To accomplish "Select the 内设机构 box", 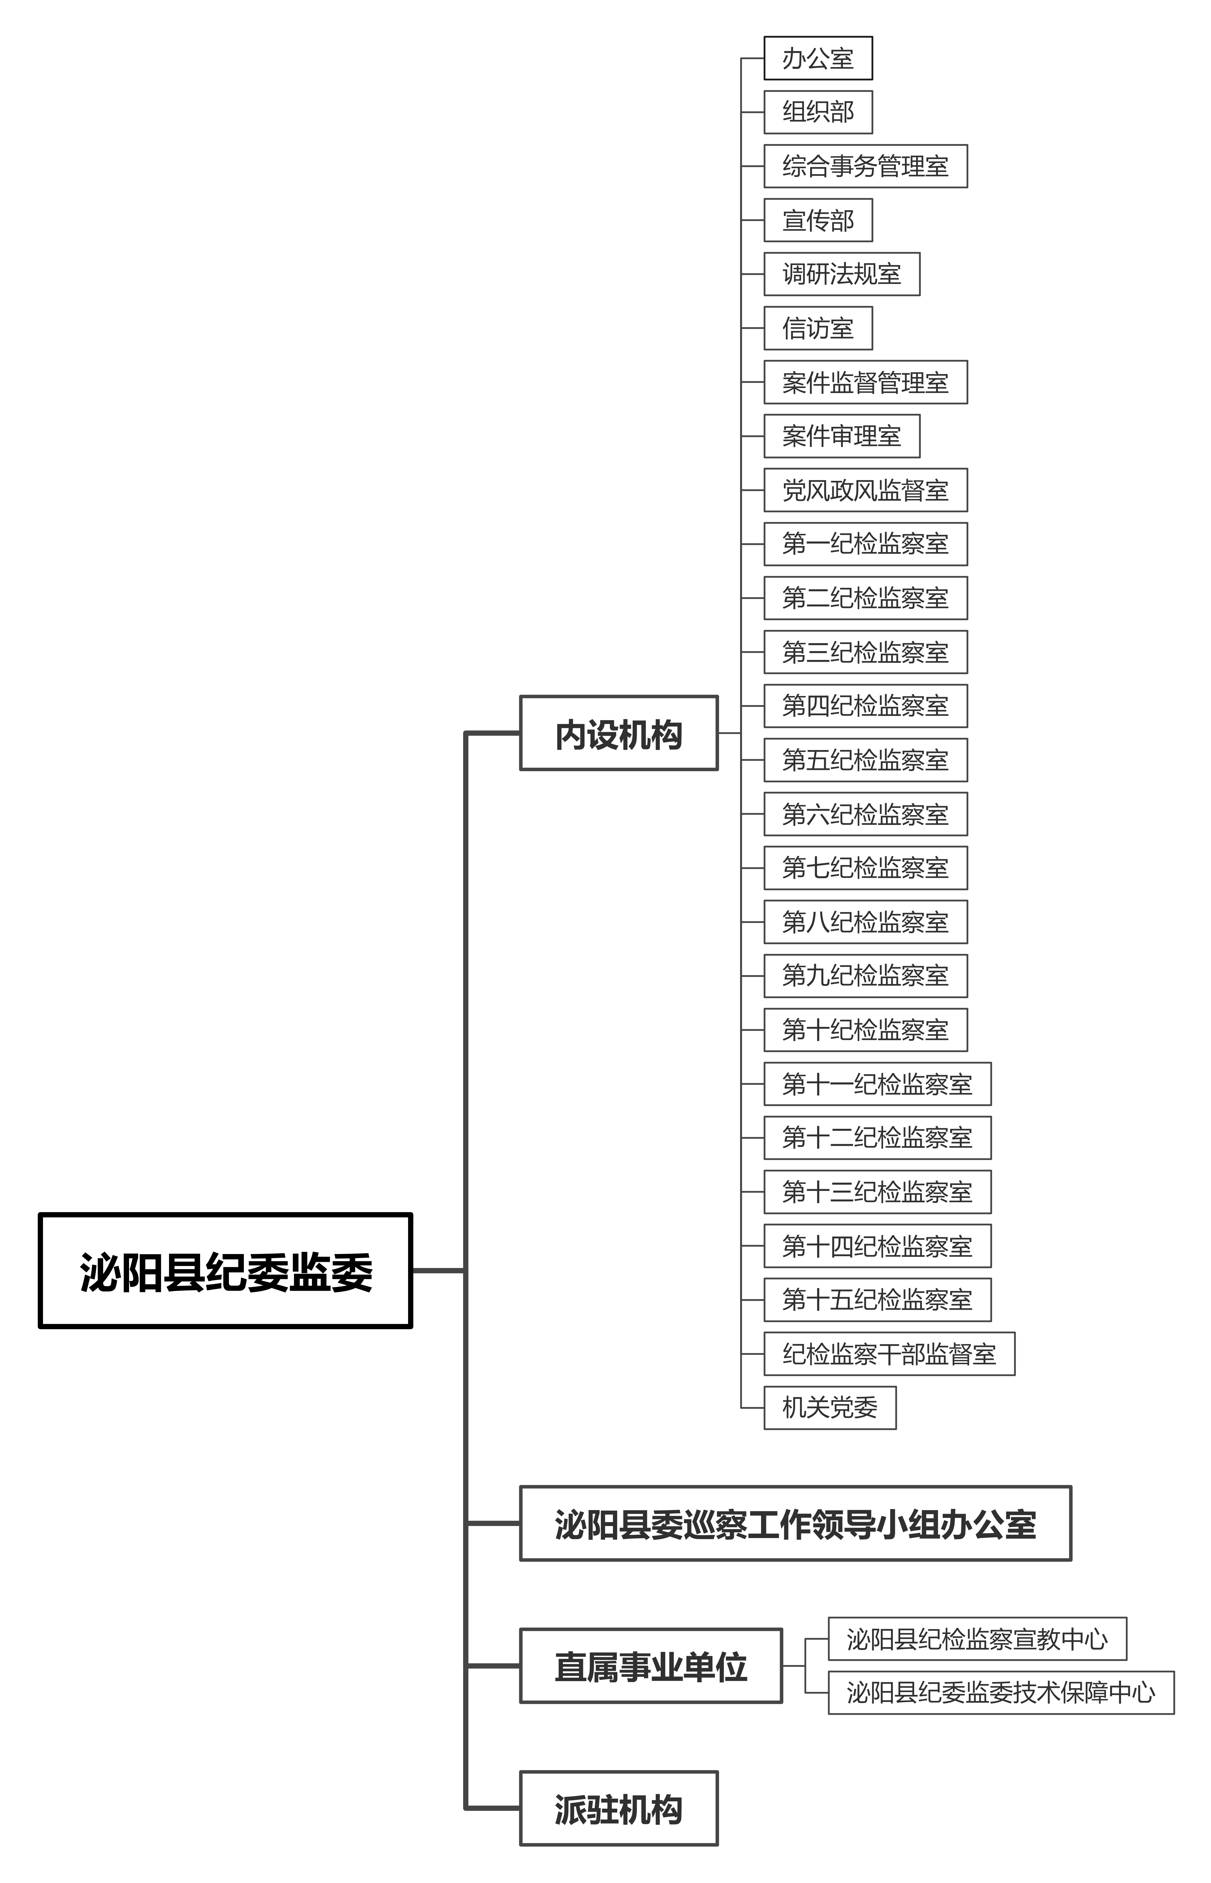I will click(619, 733).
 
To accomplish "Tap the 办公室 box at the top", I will click(818, 58).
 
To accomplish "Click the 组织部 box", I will click(818, 112).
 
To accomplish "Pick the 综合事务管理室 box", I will click(865, 166).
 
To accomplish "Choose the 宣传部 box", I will click(818, 220).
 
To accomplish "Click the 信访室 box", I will click(818, 328).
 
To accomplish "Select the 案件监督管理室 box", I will click(865, 382).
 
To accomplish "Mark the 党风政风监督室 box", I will click(865, 490).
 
